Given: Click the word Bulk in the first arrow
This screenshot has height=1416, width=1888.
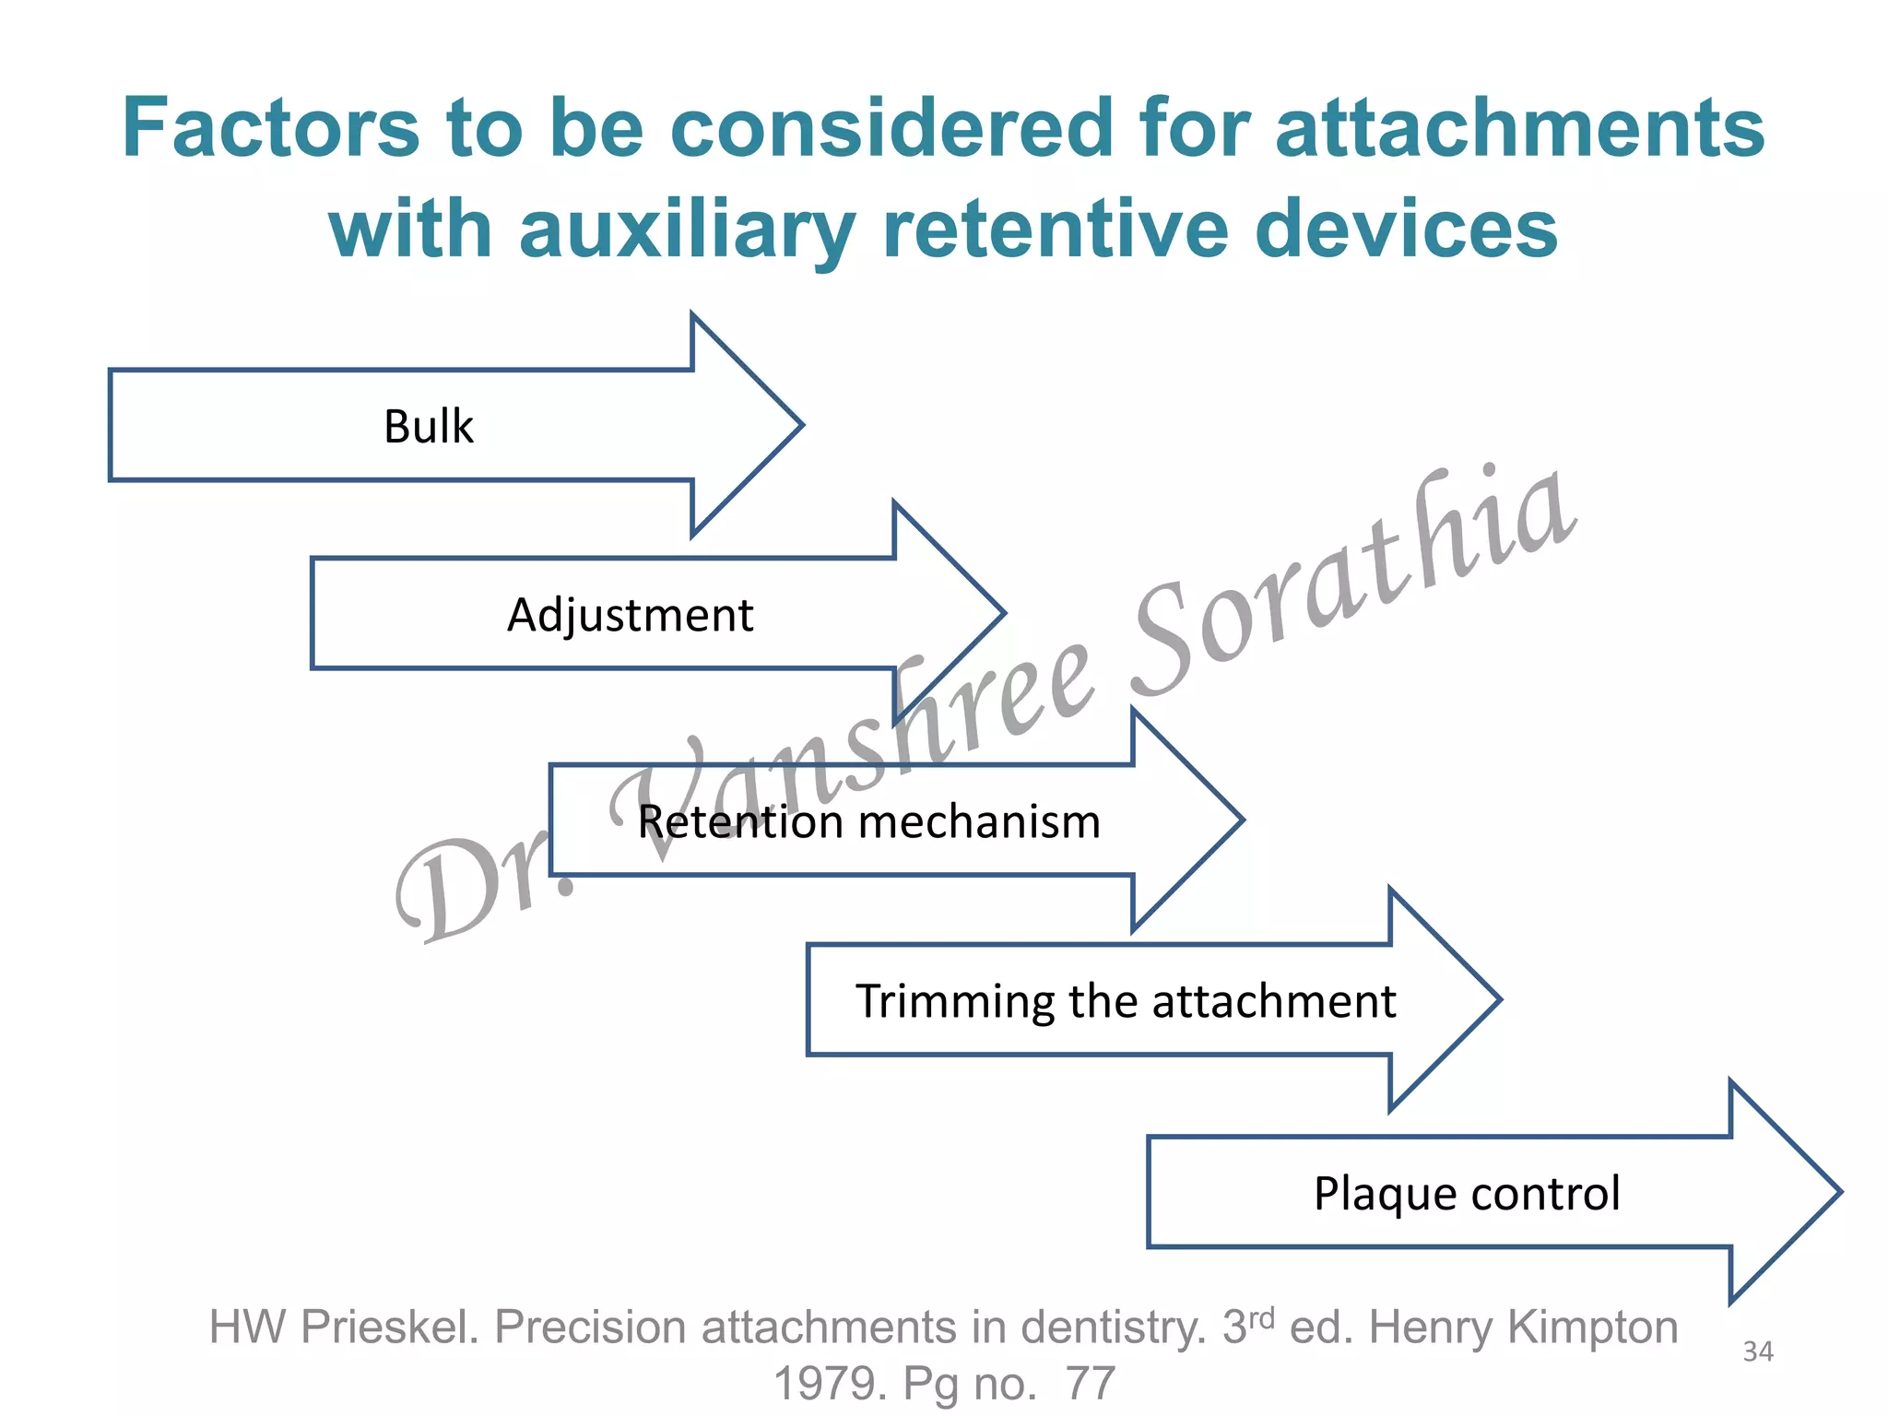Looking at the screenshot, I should point(428,427).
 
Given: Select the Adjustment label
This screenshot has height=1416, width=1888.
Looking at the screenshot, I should point(630,615).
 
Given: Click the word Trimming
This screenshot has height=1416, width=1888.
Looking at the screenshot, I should point(954,1002).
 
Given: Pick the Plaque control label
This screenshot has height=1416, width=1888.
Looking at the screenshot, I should point(1466,1194).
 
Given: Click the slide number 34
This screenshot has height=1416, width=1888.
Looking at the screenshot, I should point(1757,1351).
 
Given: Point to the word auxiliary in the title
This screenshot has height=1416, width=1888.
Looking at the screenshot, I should point(687,230).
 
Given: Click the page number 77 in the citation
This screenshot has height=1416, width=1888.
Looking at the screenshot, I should point(1090,1384).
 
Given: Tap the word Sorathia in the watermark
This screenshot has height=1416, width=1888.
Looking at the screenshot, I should point(1355,581).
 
